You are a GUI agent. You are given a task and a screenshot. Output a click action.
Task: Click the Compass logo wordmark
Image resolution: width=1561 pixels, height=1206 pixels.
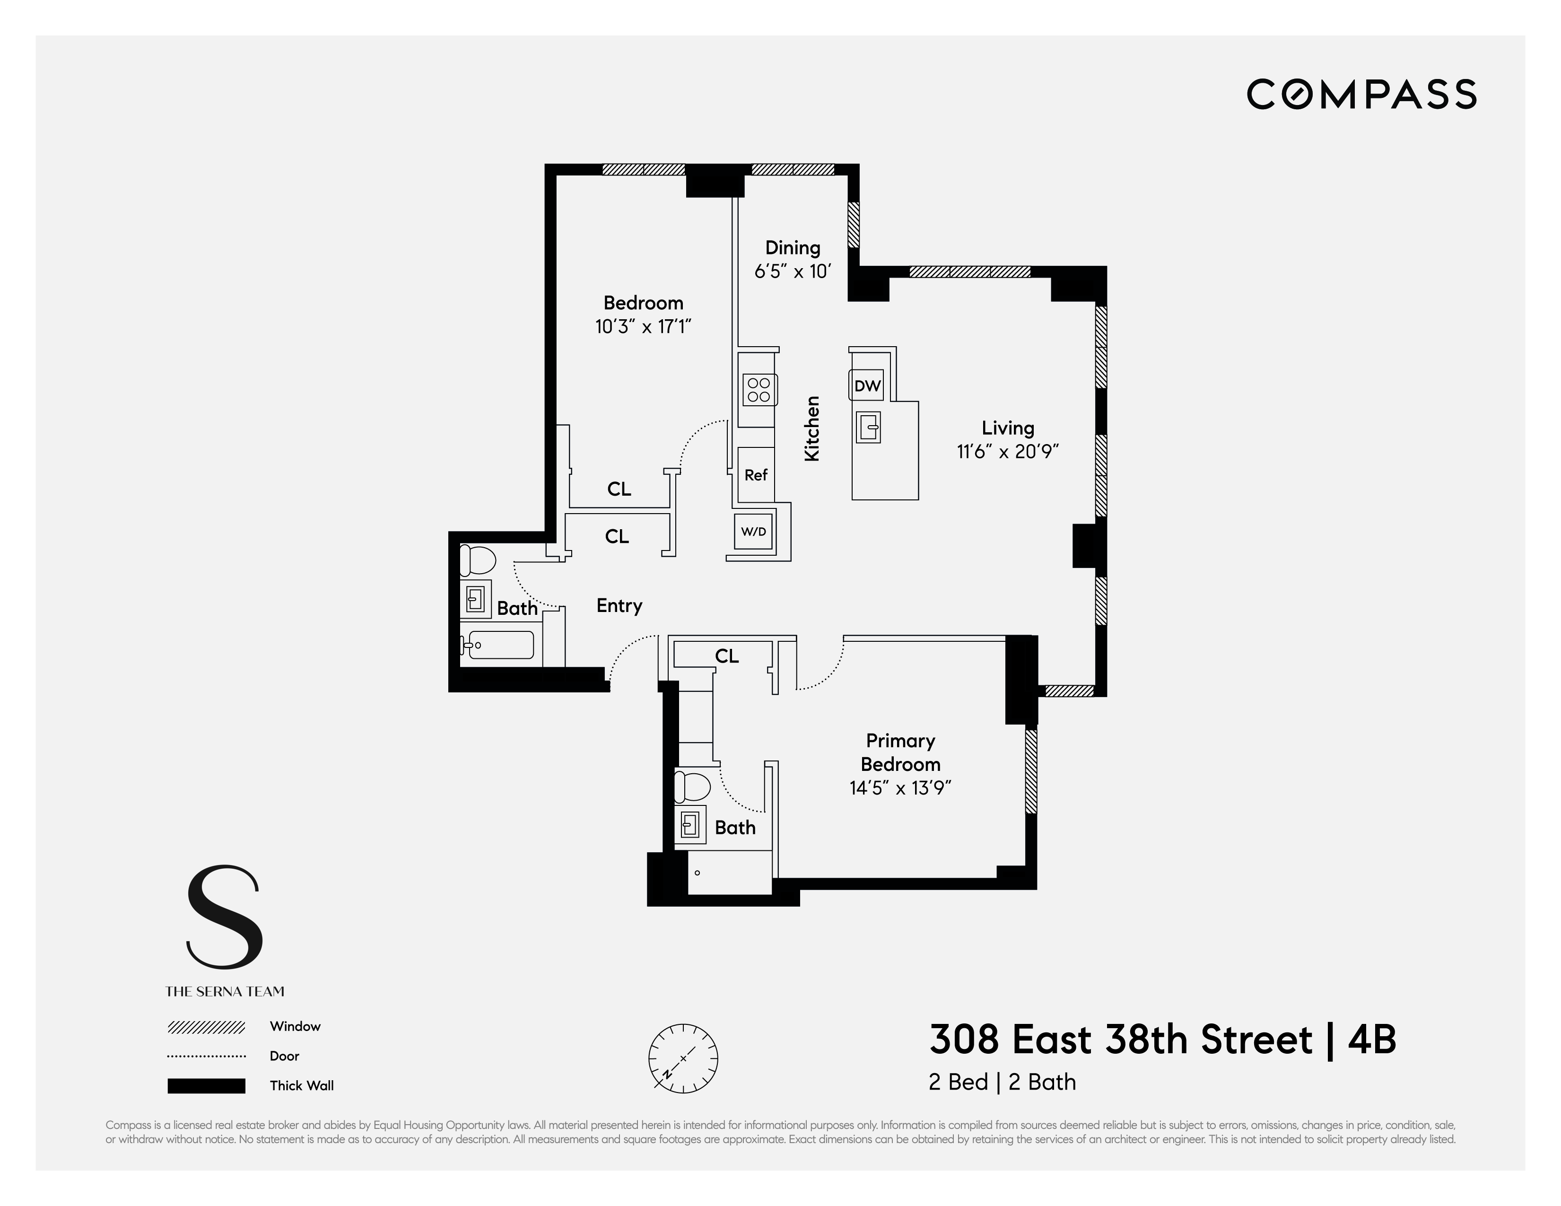click(1361, 95)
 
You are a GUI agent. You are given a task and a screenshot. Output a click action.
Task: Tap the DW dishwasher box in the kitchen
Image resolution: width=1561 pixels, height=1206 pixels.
click(867, 386)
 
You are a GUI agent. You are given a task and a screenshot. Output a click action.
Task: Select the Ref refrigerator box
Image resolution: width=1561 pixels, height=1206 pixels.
click(756, 475)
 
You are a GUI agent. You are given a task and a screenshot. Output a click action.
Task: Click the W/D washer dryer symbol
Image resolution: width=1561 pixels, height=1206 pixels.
click(753, 531)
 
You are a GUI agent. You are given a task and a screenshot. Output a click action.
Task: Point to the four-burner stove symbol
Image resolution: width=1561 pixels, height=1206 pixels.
click(759, 390)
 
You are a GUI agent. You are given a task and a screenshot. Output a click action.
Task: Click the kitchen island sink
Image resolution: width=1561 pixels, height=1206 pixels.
click(868, 428)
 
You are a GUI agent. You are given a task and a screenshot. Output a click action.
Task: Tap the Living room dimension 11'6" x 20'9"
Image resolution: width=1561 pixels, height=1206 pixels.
click(1007, 452)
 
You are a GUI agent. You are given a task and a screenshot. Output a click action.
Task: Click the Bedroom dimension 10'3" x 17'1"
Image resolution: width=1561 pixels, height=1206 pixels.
click(643, 327)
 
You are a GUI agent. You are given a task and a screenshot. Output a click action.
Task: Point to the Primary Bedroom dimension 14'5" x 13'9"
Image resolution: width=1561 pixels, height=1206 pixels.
click(900, 788)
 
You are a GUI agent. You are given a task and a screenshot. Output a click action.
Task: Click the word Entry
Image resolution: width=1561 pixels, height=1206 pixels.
click(619, 605)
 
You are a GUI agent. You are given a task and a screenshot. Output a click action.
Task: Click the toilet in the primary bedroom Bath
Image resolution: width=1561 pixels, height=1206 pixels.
click(691, 787)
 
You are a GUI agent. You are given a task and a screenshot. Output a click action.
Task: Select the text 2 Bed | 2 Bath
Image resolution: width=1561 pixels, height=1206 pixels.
click(1002, 1083)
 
